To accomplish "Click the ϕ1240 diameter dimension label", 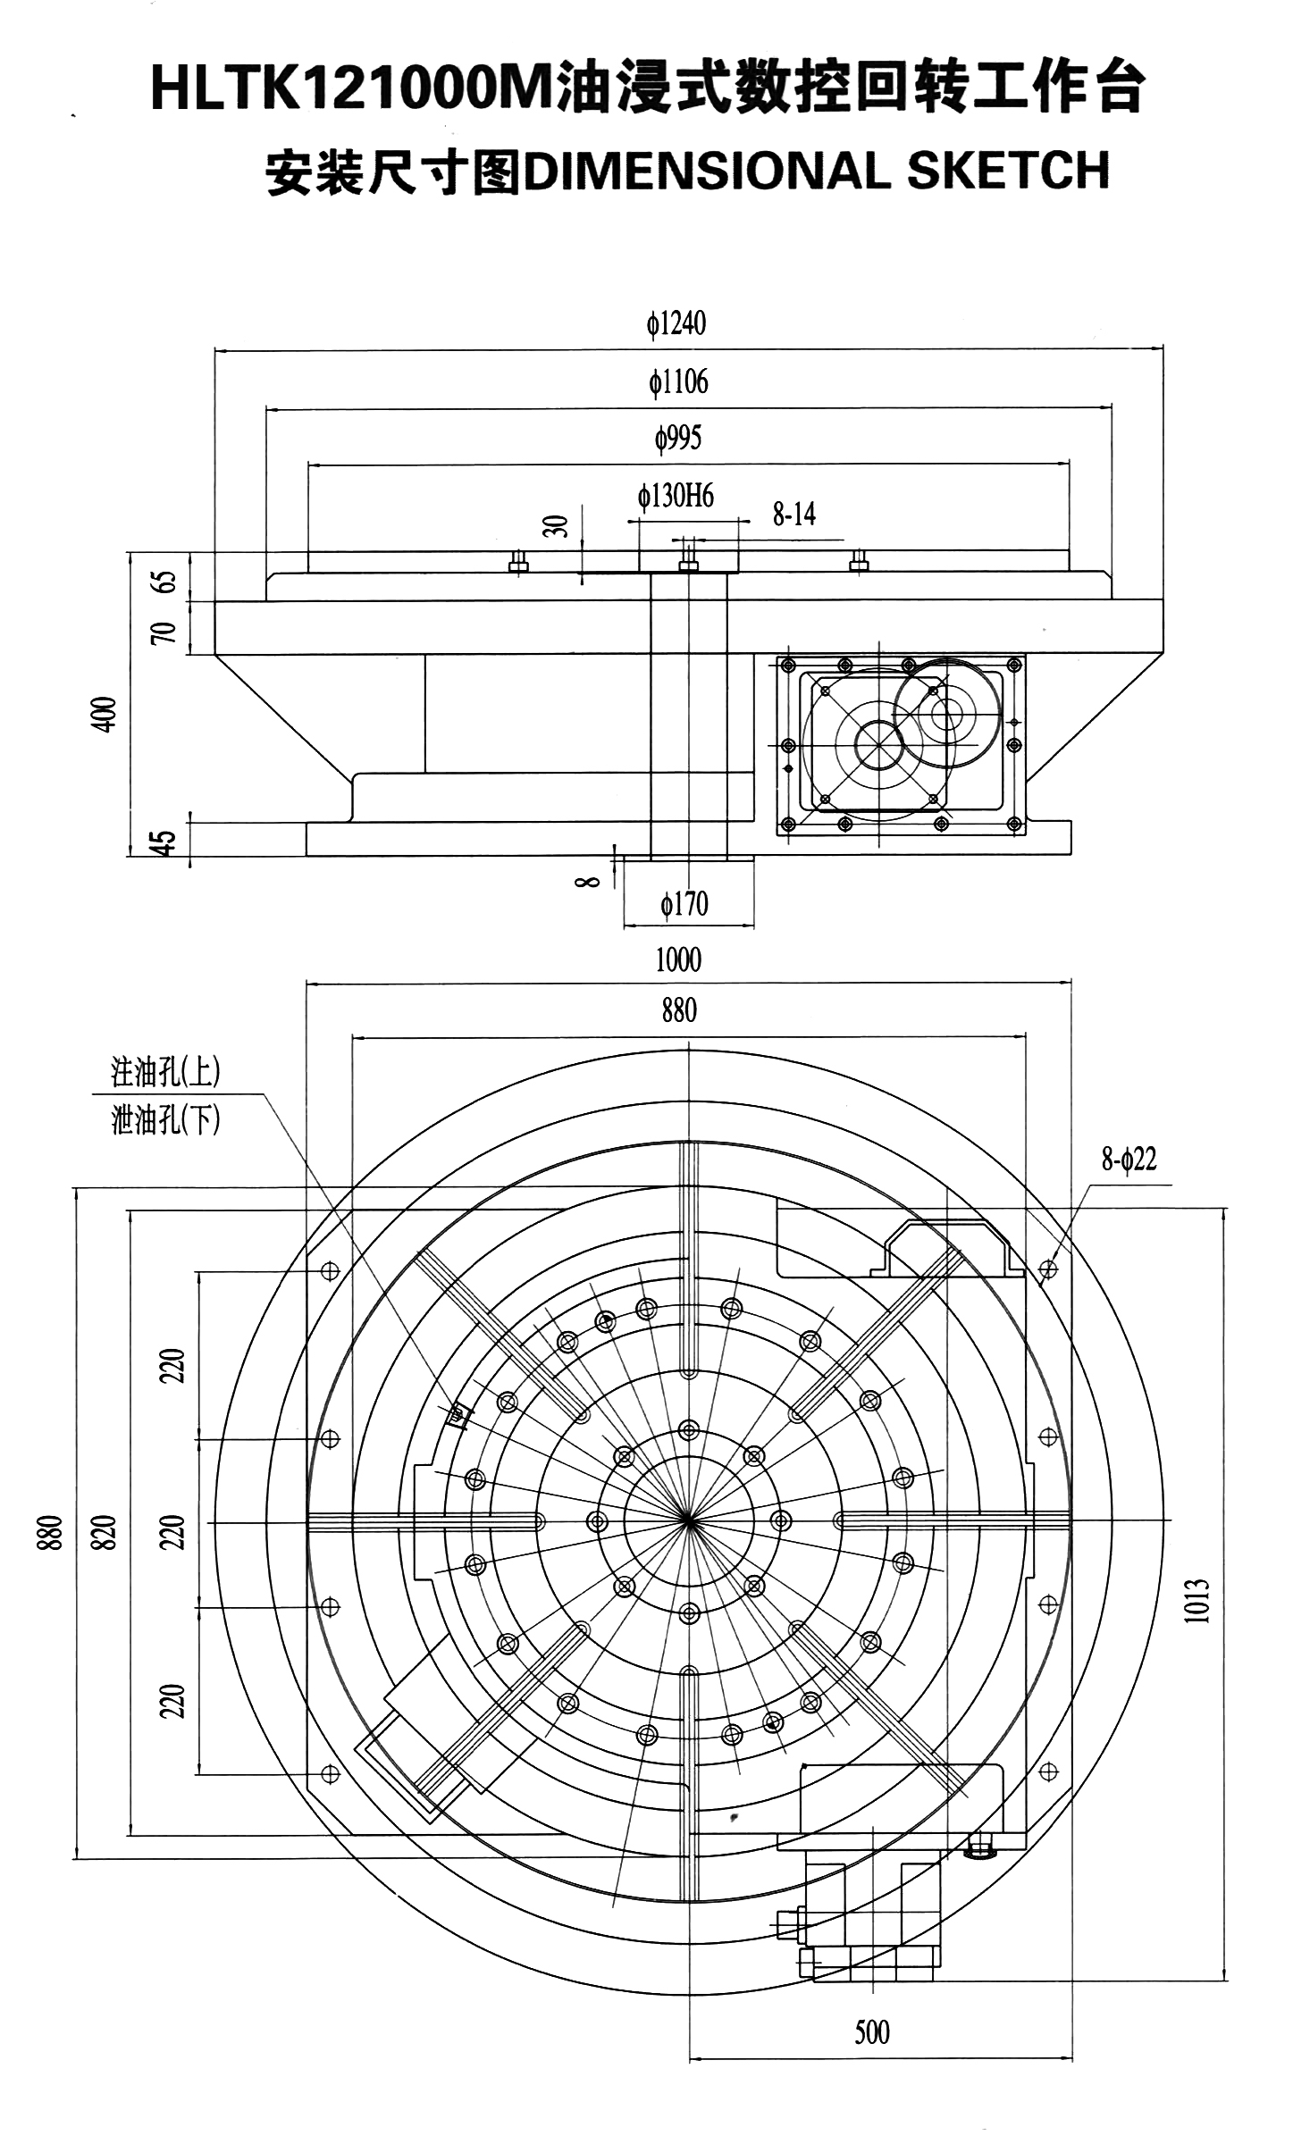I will point(676,323).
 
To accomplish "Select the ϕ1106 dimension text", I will point(678,382).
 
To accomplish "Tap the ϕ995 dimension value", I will point(678,439).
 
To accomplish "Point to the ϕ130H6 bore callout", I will point(676,496).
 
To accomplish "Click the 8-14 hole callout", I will point(793,514).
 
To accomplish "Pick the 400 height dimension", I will point(106,715).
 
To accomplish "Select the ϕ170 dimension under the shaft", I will point(684,904).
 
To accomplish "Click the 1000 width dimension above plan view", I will point(678,960).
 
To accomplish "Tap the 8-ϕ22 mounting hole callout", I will point(1129,1160).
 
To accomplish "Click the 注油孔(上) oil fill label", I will point(165,1072).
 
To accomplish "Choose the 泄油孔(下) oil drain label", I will point(165,1119).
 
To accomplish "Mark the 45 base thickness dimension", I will point(163,842).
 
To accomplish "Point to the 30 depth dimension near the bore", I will point(557,526).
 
